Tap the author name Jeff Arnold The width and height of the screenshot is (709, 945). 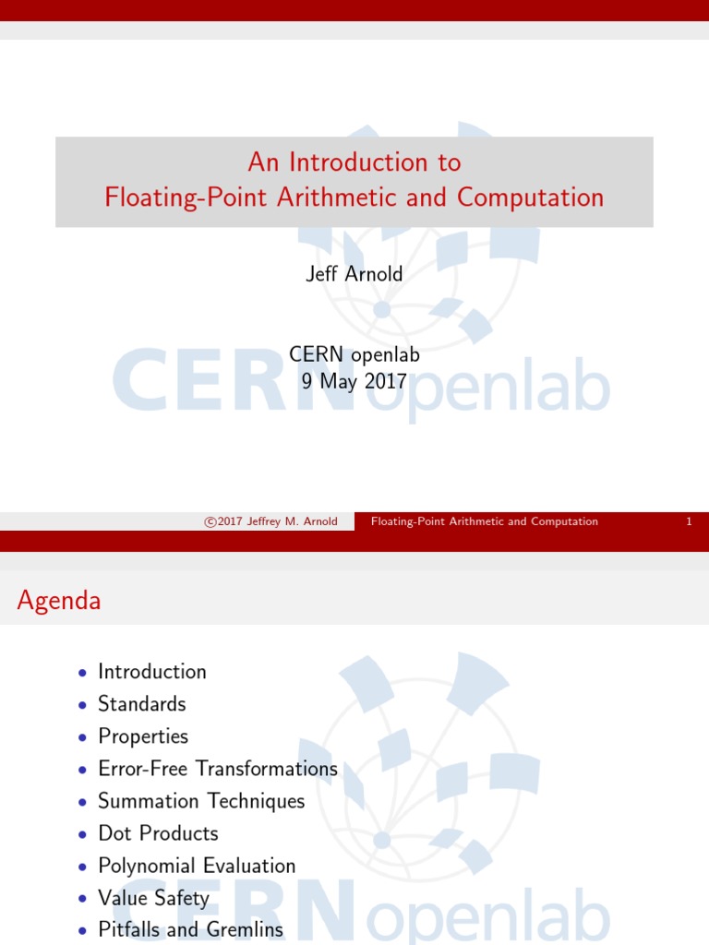point(354,275)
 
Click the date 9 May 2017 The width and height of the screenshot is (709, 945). point(354,380)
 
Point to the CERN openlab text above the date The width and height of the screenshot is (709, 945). point(354,354)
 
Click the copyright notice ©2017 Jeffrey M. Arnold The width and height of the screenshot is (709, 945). point(270,521)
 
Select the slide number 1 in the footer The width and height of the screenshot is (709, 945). point(689,521)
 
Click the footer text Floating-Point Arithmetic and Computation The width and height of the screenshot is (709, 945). point(484,521)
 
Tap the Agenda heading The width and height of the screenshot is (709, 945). point(59,601)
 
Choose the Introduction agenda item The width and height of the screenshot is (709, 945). point(152,672)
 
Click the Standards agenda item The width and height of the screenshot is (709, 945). point(142,704)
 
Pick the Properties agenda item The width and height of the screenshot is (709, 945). point(143,736)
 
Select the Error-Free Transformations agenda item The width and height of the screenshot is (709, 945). point(218,769)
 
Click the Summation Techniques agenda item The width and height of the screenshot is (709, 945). point(201,801)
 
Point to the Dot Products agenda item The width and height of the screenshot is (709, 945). point(158,833)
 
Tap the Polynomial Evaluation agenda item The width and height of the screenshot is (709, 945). point(197,866)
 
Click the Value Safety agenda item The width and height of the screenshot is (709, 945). point(153,898)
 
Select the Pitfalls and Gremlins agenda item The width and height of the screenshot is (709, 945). point(190,930)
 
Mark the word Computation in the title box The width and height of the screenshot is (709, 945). point(531,197)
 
